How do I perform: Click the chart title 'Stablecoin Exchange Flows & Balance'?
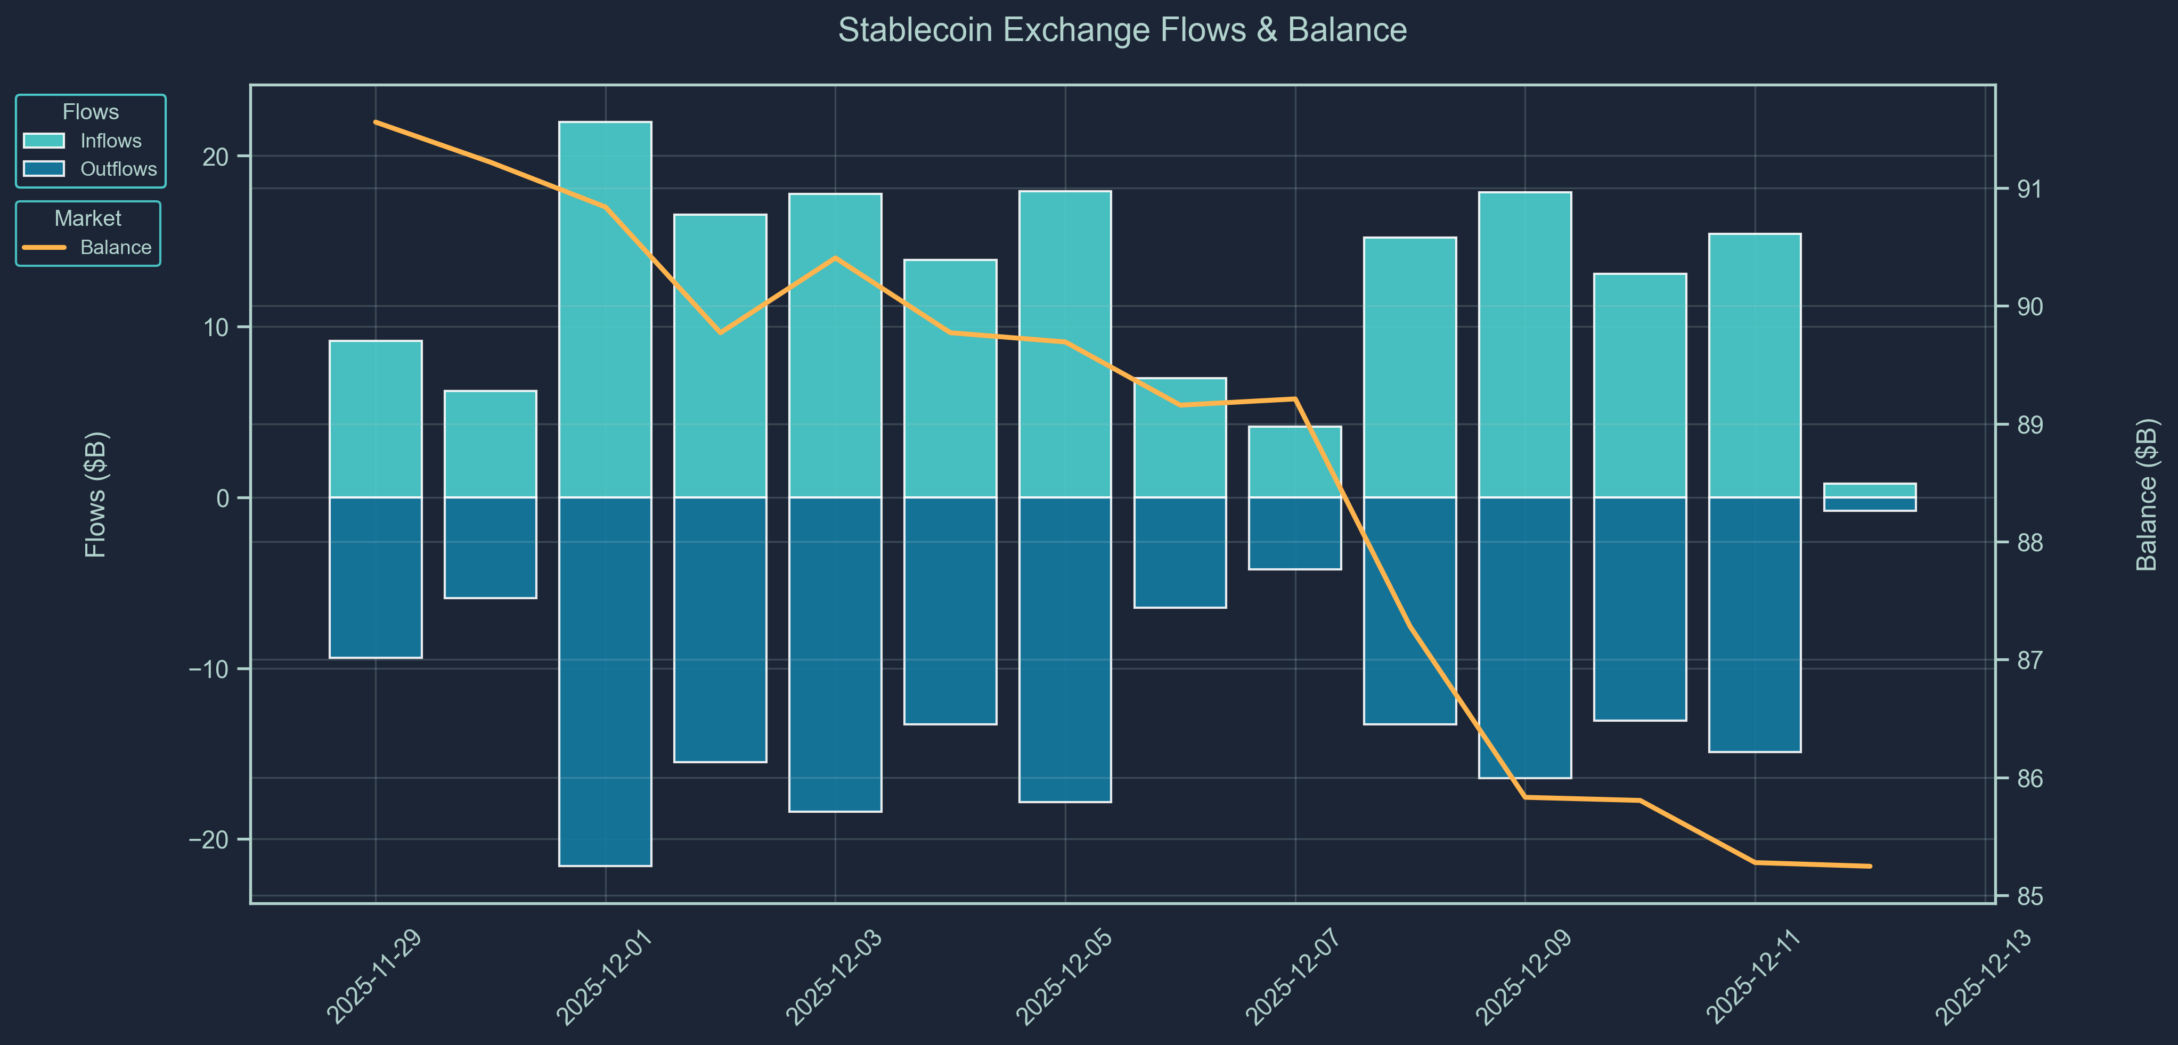(x=1122, y=30)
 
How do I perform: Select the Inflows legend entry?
(x=110, y=141)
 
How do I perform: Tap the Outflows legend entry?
(x=118, y=169)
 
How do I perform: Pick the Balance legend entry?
(x=115, y=248)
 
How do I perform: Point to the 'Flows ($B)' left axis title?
(x=95, y=495)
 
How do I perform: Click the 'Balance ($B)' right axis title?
(x=2146, y=495)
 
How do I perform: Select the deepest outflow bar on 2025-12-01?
(x=606, y=681)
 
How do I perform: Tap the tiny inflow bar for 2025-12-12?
(x=1870, y=491)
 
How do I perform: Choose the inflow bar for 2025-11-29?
(x=376, y=419)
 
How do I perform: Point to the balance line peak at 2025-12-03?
(x=835, y=258)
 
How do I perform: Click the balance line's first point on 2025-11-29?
(x=376, y=122)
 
